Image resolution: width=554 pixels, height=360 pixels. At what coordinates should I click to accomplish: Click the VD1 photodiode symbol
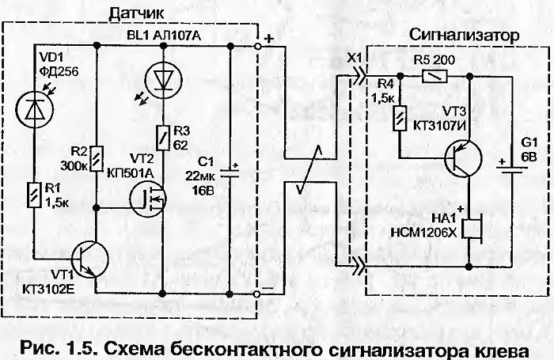pyautogui.click(x=35, y=109)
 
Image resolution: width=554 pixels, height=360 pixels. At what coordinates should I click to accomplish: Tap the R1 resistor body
pyautogui.click(x=35, y=195)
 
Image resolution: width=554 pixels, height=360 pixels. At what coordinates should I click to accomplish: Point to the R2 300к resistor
pyautogui.click(x=97, y=158)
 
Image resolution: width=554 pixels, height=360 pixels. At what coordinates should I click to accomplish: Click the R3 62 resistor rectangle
pyautogui.click(x=163, y=138)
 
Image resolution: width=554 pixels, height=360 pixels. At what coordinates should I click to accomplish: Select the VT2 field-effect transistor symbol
pyautogui.click(x=147, y=199)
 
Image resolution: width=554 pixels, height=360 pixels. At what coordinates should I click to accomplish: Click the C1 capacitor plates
pyautogui.click(x=230, y=172)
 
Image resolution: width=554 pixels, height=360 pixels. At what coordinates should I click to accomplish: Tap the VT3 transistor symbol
pyautogui.click(x=463, y=158)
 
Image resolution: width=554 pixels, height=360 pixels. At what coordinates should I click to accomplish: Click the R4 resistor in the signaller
pyautogui.click(x=400, y=118)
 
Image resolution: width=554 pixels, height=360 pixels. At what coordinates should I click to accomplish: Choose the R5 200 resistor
pyautogui.click(x=434, y=76)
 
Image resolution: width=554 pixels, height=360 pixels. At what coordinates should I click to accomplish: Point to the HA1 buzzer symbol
pyautogui.click(x=472, y=229)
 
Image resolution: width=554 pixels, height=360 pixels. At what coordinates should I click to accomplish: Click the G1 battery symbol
pyautogui.click(x=511, y=169)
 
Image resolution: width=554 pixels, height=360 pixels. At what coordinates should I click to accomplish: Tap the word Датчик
pyautogui.click(x=136, y=13)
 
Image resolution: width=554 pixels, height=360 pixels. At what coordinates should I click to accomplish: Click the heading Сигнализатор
pyautogui.click(x=465, y=35)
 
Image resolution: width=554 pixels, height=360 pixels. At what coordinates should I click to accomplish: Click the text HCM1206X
pyautogui.click(x=423, y=232)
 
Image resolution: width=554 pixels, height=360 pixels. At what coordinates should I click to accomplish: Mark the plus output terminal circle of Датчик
pyautogui.click(x=257, y=46)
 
